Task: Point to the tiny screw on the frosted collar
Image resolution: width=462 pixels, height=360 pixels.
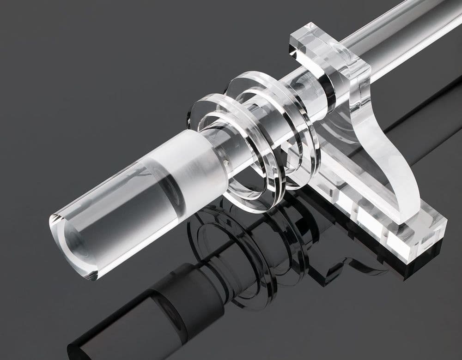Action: click(x=225, y=162)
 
